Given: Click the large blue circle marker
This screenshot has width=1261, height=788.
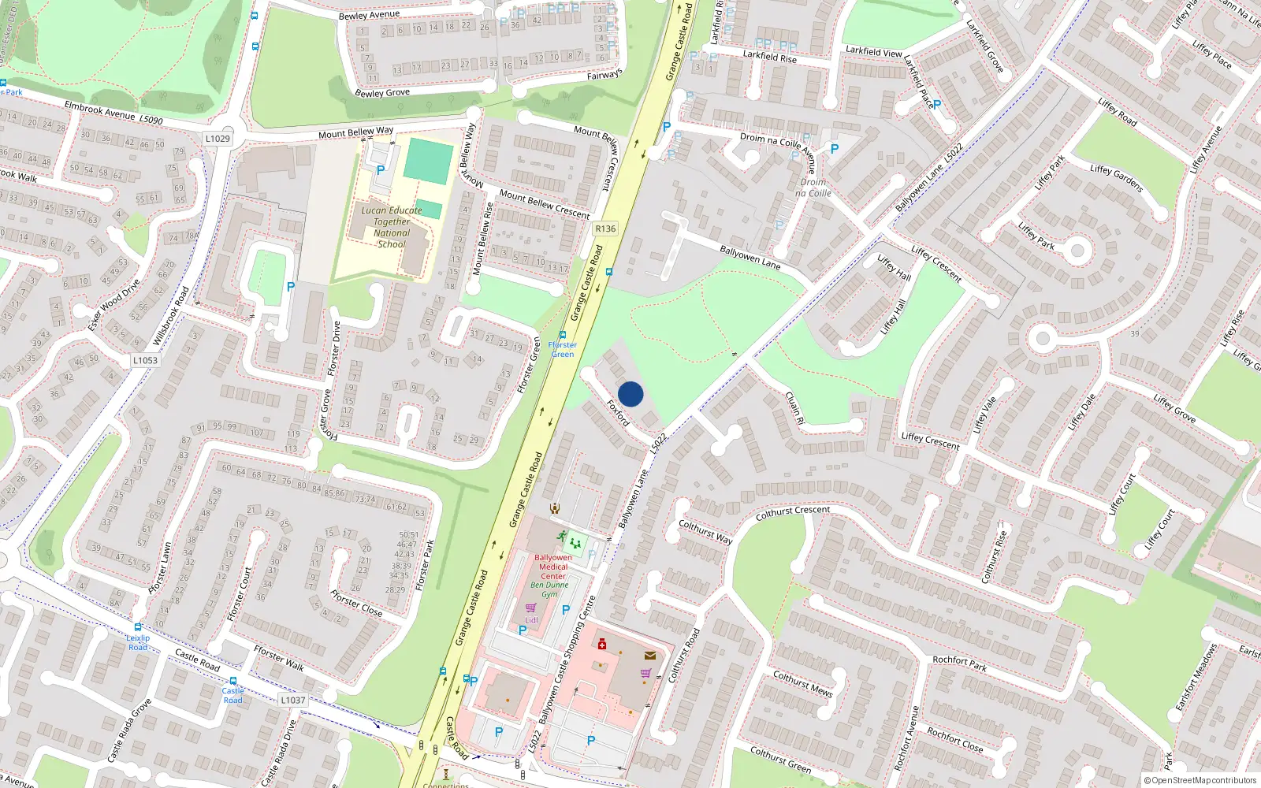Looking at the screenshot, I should (630, 394).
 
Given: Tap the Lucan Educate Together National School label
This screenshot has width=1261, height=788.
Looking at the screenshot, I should (392, 227).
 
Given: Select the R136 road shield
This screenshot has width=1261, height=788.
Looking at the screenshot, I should (605, 229).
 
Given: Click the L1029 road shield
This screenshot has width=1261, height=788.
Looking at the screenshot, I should (218, 139).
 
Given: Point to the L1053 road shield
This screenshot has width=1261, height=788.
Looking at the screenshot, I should (145, 360).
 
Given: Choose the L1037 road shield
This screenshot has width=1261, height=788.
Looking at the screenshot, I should (292, 700).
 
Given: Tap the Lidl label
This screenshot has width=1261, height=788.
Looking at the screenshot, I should (532, 620).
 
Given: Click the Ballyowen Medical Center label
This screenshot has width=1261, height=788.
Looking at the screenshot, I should (553, 567).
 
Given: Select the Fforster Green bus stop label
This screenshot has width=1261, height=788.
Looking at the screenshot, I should (563, 349).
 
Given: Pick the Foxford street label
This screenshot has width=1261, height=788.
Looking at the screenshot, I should (619, 413).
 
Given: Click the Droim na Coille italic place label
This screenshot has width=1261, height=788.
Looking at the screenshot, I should (813, 188).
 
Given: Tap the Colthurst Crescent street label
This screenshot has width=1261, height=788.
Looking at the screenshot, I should (793, 512).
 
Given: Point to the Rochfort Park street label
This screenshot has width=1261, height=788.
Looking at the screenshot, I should (959, 663).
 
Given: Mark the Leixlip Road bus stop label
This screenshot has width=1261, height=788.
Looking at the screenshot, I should (138, 642).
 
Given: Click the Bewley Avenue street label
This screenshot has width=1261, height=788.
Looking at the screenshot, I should (369, 15).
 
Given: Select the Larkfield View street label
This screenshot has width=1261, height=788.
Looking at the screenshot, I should (874, 51).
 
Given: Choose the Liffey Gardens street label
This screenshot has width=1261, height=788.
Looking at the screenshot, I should (1116, 178).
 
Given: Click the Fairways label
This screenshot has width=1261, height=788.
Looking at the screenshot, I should (604, 75).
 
